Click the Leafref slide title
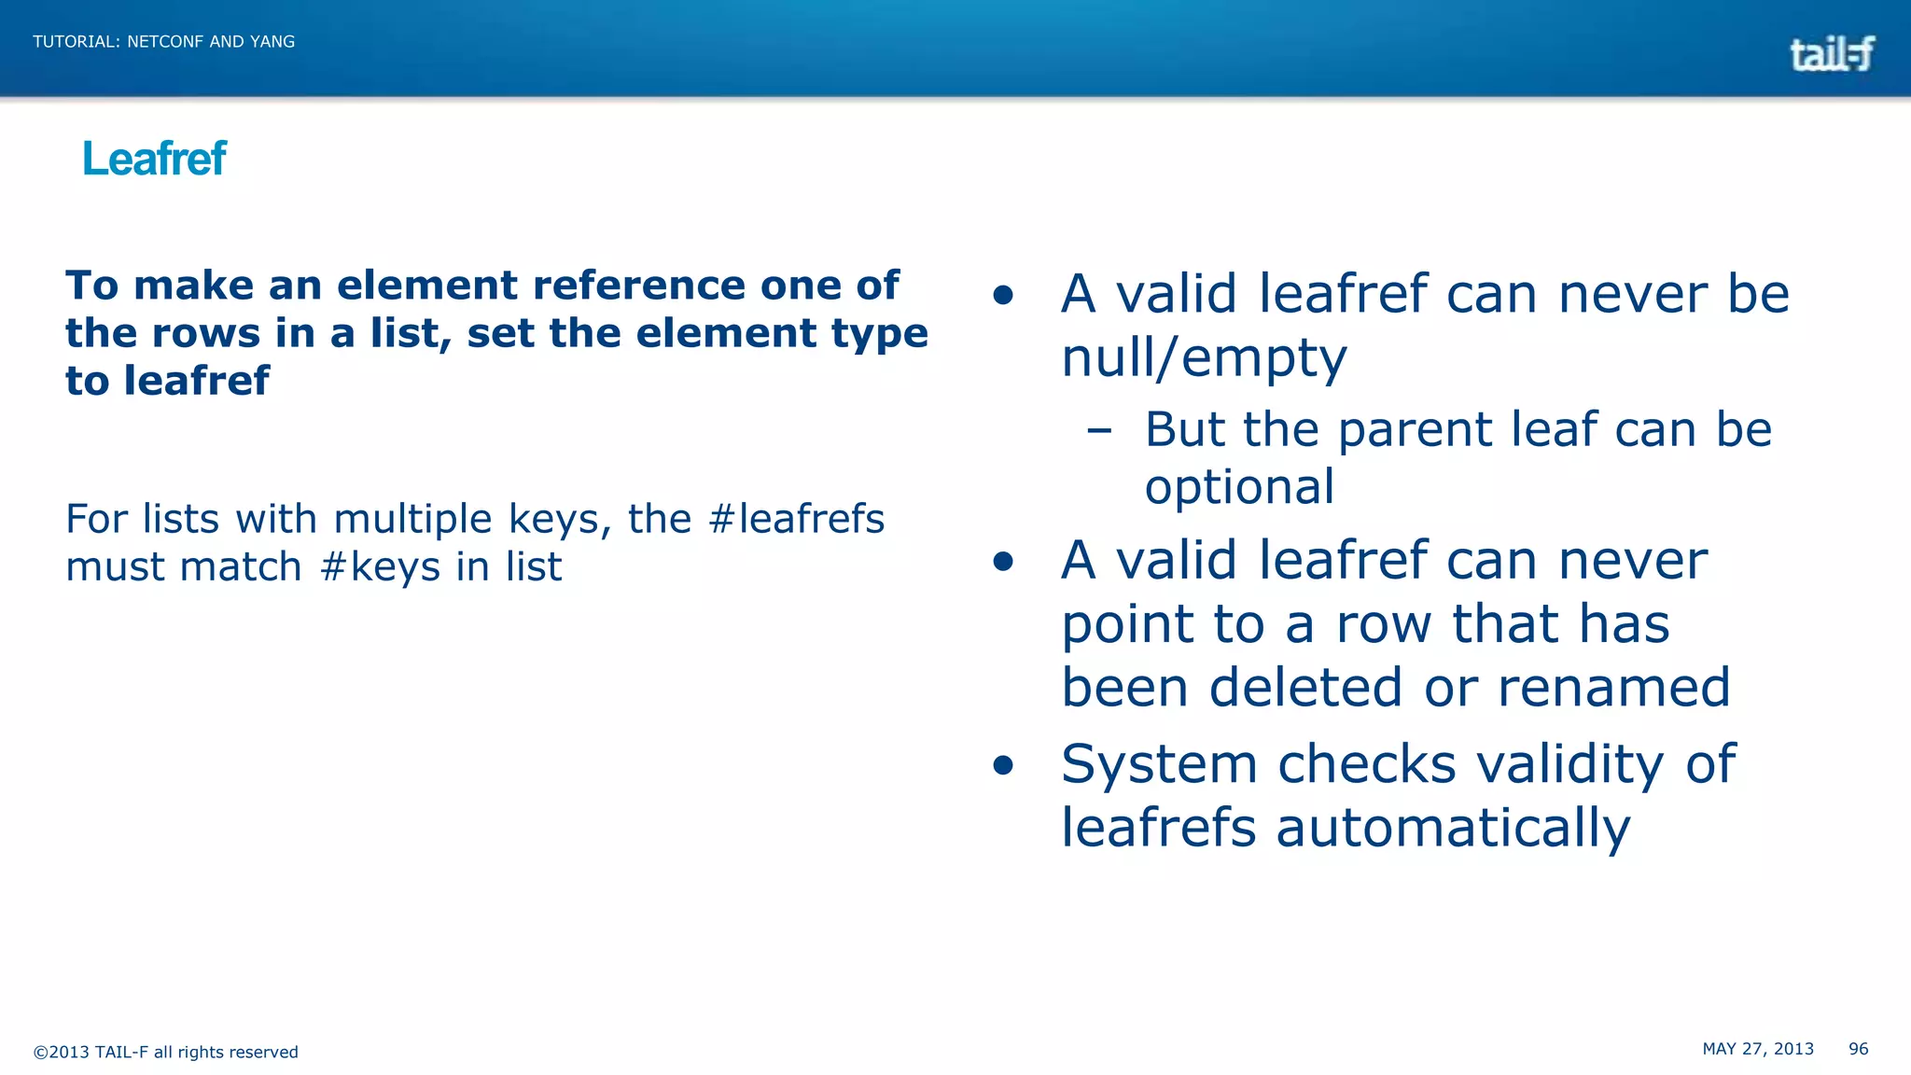point(154,159)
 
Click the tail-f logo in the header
point(1831,54)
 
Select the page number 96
point(1858,1049)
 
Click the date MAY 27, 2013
point(1757,1049)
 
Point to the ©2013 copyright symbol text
point(62,1052)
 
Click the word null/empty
point(1204,358)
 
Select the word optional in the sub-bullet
point(1239,487)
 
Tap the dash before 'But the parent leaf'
point(1099,430)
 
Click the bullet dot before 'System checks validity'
point(1003,766)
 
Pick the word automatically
point(1453,829)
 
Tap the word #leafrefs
point(796,519)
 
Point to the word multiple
point(412,519)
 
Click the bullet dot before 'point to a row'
point(1003,561)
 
